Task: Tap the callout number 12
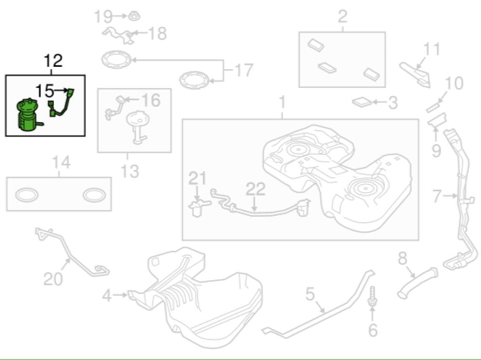[53, 61]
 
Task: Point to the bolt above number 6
[372, 298]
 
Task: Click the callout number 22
[255, 189]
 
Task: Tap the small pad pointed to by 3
[361, 102]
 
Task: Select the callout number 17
[243, 71]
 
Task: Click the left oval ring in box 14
[27, 195]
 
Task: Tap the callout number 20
[53, 278]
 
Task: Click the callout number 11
[431, 50]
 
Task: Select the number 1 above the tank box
[282, 103]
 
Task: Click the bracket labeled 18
[117, 34]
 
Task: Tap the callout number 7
[436, 196]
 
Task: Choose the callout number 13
[129, 171]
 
